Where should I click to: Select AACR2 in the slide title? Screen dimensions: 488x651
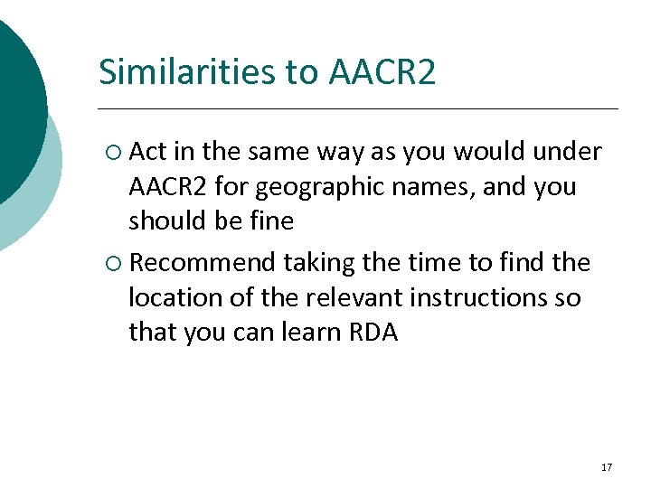(x=382, y=71)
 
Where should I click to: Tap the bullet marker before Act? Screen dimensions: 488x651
(x=113, y=153)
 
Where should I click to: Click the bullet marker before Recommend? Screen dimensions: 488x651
(x=113, y=263)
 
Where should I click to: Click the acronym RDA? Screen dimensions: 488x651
(x=373, y=332)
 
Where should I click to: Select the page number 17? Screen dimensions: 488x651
(x=606, y=467)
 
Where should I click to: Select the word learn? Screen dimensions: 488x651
(x=312, y=332)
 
